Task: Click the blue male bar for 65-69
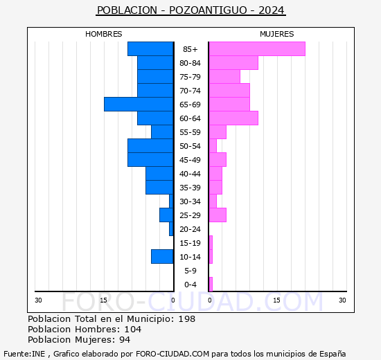[x=139, y=105]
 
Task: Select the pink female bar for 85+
[x=257, y=49]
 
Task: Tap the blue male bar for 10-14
[x=162, y=257]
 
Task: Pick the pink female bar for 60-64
[x=233, y=118]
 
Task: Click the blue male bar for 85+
[x=150, y=49]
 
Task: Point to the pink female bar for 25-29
[x=218, y=215]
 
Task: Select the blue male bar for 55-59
[x=162, y=132]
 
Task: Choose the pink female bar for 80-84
[x=233, y=63]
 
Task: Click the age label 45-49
[x=190, y=160]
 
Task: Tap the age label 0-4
[x=190, y=285]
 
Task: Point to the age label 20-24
[x=190, y=229]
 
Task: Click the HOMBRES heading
[x=104, y=34]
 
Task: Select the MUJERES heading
[x=276, y=34]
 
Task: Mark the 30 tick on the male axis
[x=39, y=300]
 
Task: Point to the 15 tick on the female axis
[x=276, y=300]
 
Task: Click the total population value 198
[x=186, y=319]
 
